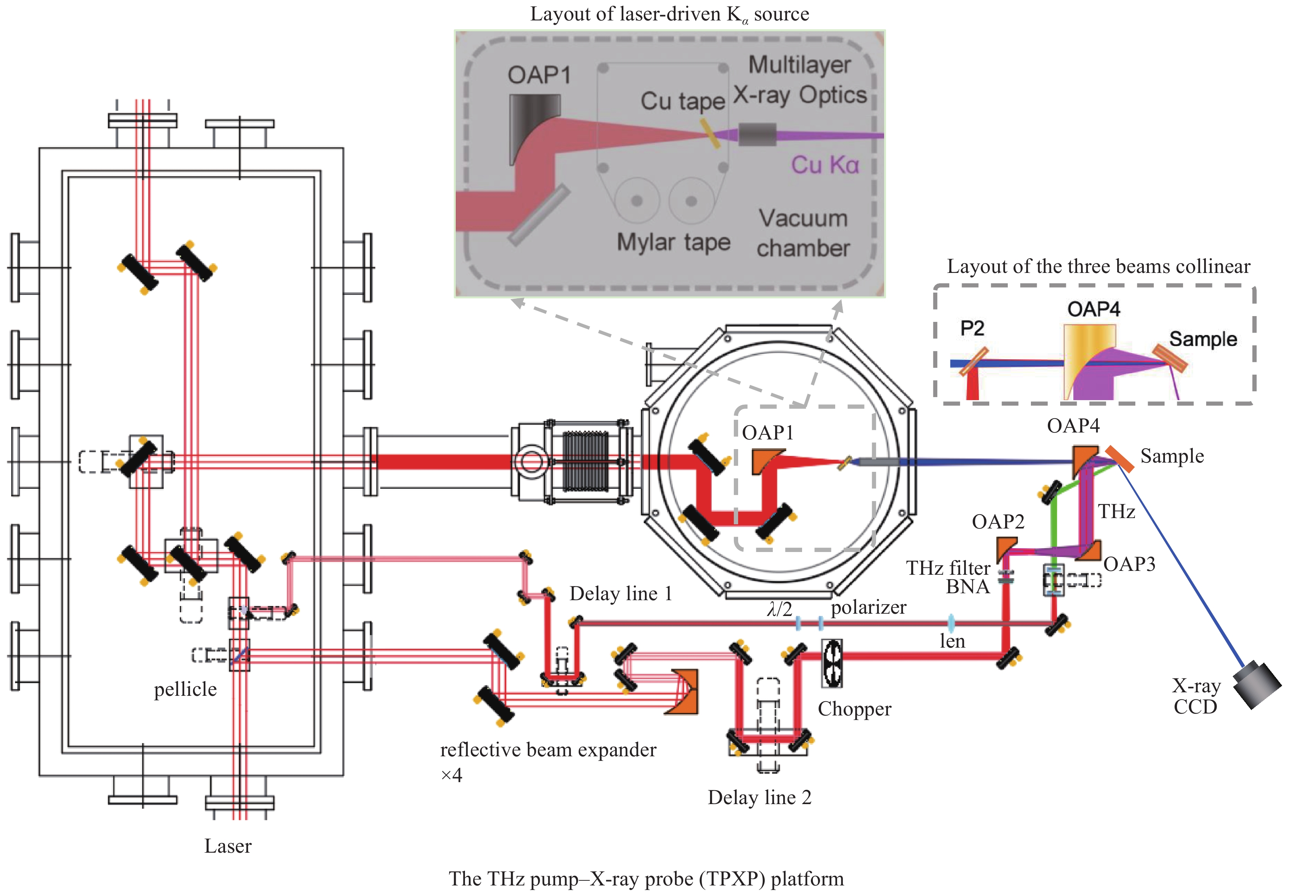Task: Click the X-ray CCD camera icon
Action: tap(1257, 684)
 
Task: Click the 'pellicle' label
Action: tap(185, 690)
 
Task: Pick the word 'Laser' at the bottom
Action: tap(228, 846)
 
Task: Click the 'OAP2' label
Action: tap(998, 522)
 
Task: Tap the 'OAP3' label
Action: tap(1129, 564)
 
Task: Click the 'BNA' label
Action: tap(967, 586)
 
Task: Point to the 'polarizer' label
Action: tap(868, 607)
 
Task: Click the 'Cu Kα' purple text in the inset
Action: tap(825, 165)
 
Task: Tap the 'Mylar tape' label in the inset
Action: tap(673, 242)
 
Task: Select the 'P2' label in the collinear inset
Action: tap(972, 328)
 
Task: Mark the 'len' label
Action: tap(952, 641)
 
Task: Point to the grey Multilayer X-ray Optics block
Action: tap(757, 135)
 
